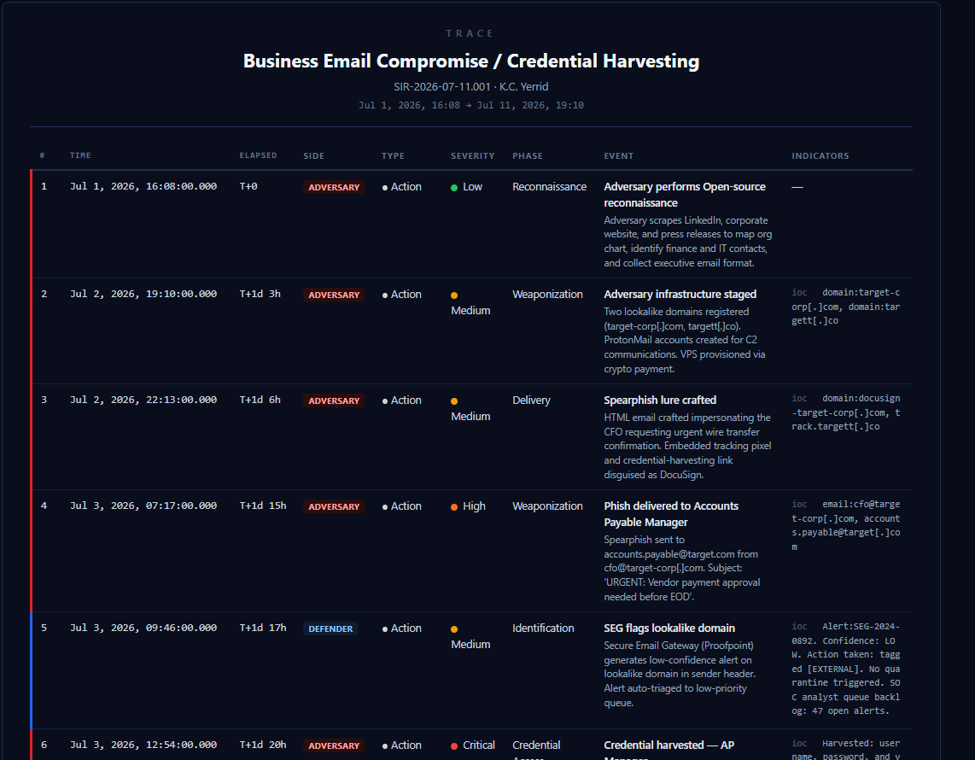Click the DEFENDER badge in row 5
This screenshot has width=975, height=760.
tap(330, 628)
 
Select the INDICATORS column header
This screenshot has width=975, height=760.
tap(820, 156)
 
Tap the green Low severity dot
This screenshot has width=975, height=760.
tap(454, 187)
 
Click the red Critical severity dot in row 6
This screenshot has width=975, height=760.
tap(454, 745)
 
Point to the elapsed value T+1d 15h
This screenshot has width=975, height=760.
tap(262, 506)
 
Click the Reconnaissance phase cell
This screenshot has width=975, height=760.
tap(549, 186)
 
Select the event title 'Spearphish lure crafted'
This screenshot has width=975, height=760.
tap(660, 400)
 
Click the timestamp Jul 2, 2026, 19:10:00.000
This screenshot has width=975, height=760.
tap(143, 294)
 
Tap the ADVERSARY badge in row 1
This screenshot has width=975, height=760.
tap(334, 187)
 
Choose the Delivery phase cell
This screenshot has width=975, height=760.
tap(531, 400)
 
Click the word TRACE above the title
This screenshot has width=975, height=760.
tap(470, 33)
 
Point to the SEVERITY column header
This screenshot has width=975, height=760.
tap(473, 156)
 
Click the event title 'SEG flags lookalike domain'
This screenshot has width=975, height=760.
tap(669, 628)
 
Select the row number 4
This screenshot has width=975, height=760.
tap(44, 506)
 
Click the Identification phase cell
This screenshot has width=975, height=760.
tap(543, 628)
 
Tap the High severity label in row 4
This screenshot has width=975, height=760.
tap(474, 506)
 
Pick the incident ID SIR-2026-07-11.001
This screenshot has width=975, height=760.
tap(442, 86)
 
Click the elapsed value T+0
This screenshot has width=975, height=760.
tap(248, 186)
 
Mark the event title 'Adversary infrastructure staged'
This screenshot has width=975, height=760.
tap(680, 294)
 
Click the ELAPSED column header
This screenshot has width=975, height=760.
tap(258, 155)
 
